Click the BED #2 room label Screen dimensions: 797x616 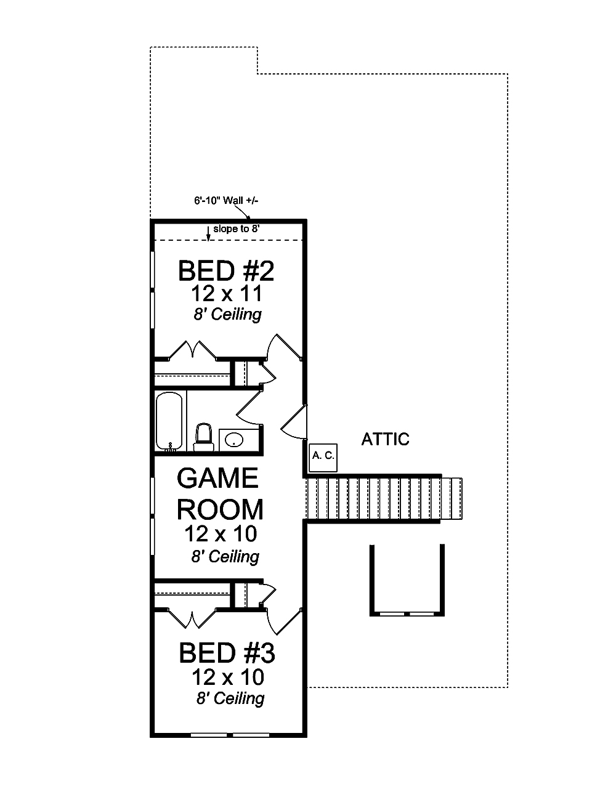(x=225, y=271)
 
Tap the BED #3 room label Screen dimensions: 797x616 (x=227, y=653)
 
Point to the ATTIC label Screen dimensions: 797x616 (x=385, y=440)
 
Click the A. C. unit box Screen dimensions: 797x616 (x=323, y=456)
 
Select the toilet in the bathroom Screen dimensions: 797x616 (x=203, y=436)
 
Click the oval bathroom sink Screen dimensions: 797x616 (x=234, y=440)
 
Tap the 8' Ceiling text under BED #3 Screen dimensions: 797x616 (x=230, y=698)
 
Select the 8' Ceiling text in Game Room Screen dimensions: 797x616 (x=225, y=557)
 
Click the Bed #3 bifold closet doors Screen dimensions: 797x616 (x=192, y=618)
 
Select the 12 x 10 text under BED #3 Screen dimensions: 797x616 (x=227, y=678)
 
